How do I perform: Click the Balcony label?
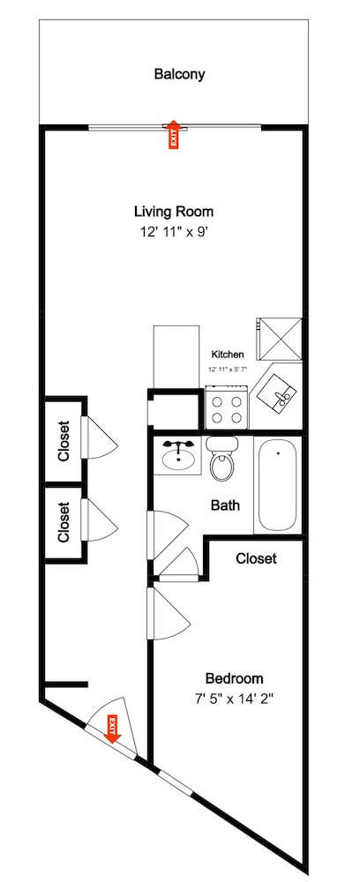tap(179, 74)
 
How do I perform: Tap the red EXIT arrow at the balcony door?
tap(174, 134)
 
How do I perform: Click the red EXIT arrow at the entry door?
tap(113, 729)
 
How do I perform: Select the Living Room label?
tap(174, 212)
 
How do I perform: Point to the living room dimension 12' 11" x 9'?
tap(174, 231)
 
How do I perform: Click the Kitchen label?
tap(228, 355)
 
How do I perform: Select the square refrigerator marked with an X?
tap(280, 339)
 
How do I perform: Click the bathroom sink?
tap(177, 456)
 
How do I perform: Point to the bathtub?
tap(278, 484)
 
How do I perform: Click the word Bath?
tap(225, 505)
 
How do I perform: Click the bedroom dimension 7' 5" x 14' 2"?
tap(234, 699)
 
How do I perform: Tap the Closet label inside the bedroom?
tap(256, 558)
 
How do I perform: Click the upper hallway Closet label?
tap(64, 441)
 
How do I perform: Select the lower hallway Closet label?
tap(64, 522)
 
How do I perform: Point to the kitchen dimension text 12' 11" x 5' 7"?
tap(228, 370)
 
